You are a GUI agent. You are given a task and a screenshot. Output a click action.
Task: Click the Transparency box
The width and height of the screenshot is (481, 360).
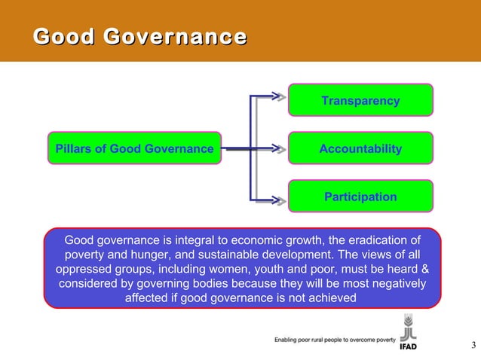pyautogui.click(x=360, y=101)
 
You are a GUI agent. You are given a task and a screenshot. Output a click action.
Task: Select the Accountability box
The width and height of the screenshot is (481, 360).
pyautogui.click(x=360, y=149)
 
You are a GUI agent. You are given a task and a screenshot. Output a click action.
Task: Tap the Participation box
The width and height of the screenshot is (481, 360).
pyautogui.click(x=360, y=197)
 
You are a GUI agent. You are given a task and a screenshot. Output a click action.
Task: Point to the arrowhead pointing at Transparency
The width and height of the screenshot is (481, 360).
pyautogui.click(x=279, y=96)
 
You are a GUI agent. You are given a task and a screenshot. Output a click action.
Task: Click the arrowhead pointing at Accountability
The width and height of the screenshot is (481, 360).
pyautogui.click(x=279, y=149)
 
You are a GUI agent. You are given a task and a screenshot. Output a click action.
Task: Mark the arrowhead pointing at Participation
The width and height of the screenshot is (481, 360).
pyautogui.click(x=279, y=200)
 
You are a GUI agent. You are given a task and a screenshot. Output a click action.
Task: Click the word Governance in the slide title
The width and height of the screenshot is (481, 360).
pyautogui.click(x=175, y=36)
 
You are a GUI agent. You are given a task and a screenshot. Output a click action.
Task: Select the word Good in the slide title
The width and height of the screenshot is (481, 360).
pyautogui.click(x=64, y=36)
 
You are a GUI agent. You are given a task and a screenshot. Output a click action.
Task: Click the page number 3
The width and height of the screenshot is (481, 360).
pyautogui.click(x=473, y=346)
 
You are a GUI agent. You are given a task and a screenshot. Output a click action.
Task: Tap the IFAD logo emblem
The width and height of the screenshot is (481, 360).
pyautogui.click(x=408, y=328)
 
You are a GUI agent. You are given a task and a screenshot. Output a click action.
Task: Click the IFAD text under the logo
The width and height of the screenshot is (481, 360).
pyautogui.click(x=408, y=348)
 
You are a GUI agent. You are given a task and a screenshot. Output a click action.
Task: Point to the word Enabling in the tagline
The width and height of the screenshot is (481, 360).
pyautogui.click(x=289, y=340)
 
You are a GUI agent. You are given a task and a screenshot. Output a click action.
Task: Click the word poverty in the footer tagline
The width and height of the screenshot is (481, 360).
pyautogui.click(x=381, y=340)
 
